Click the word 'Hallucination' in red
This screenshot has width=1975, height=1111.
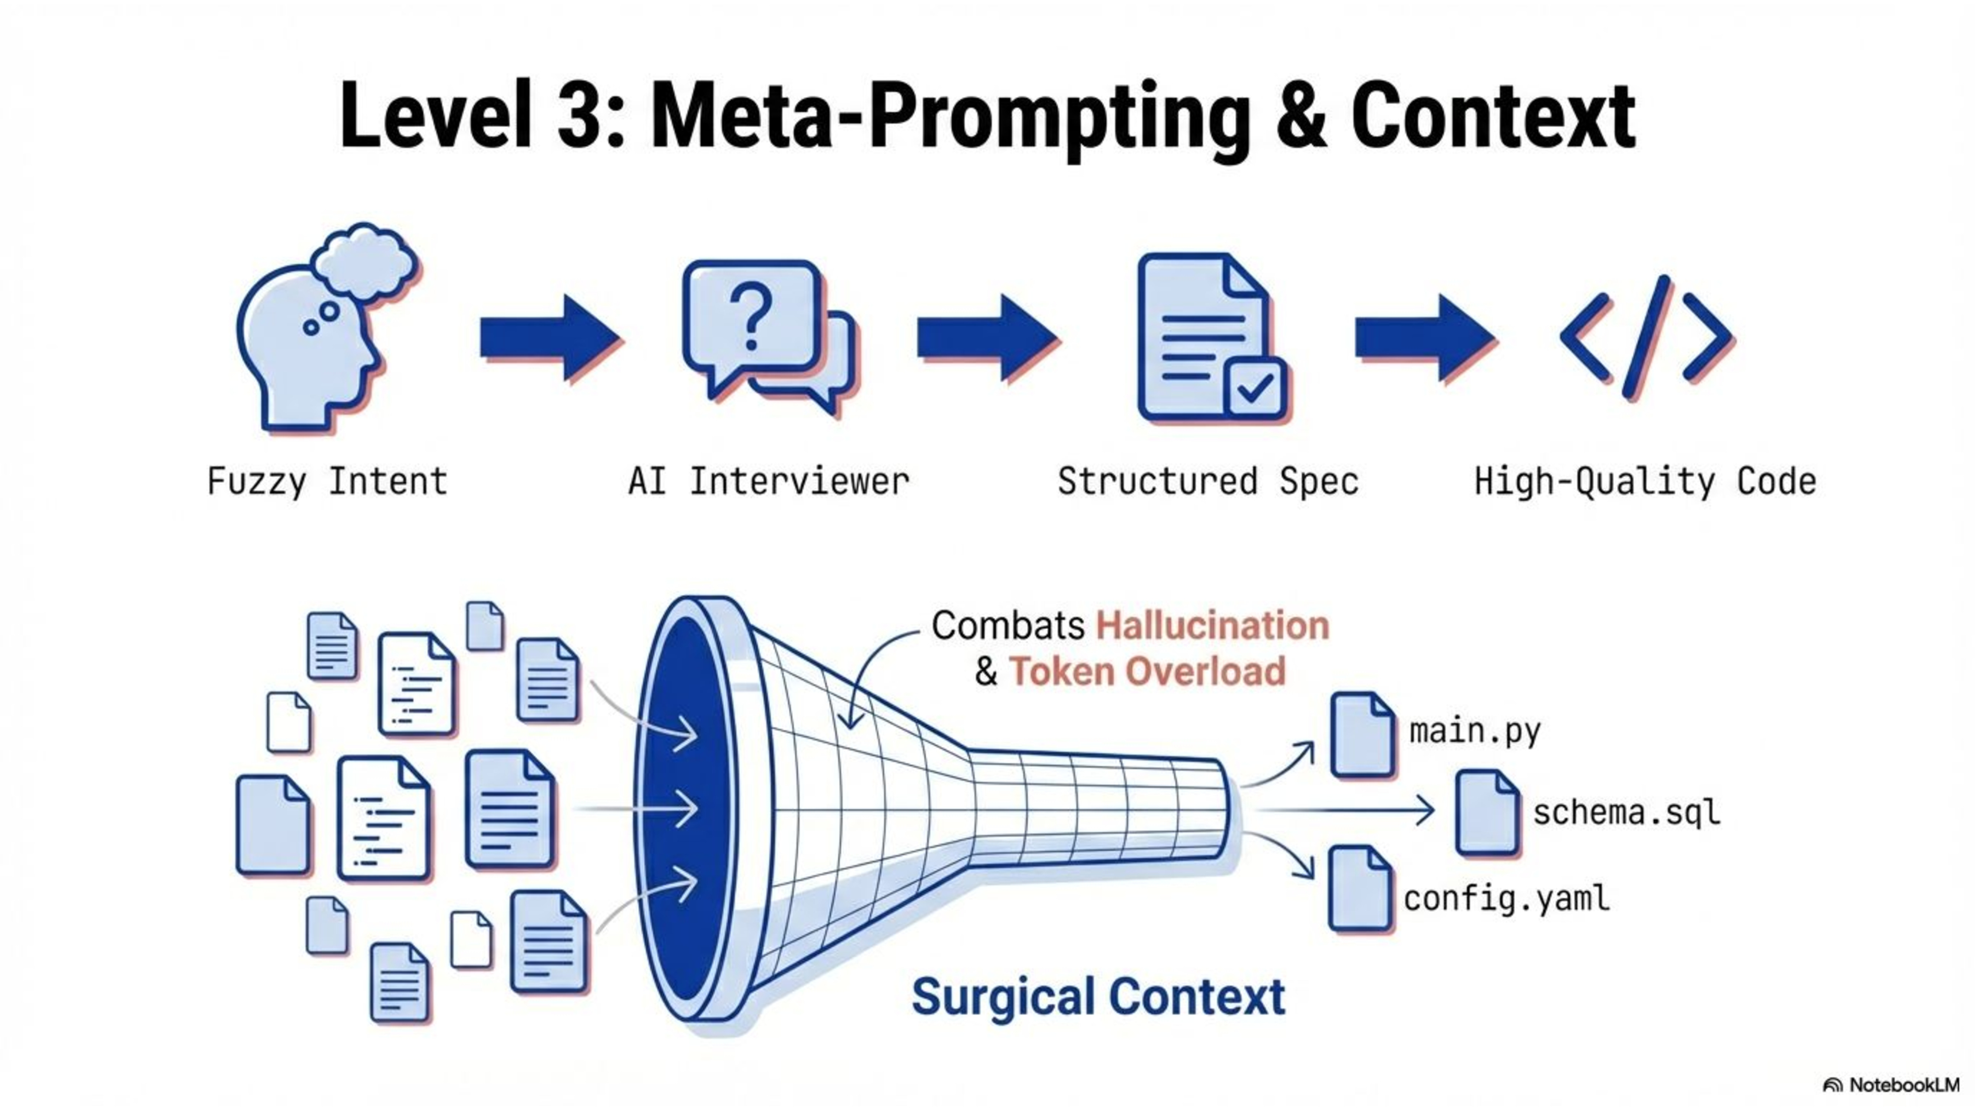pos(1212,625)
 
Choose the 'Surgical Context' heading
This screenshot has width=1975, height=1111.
pos(1098,997)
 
